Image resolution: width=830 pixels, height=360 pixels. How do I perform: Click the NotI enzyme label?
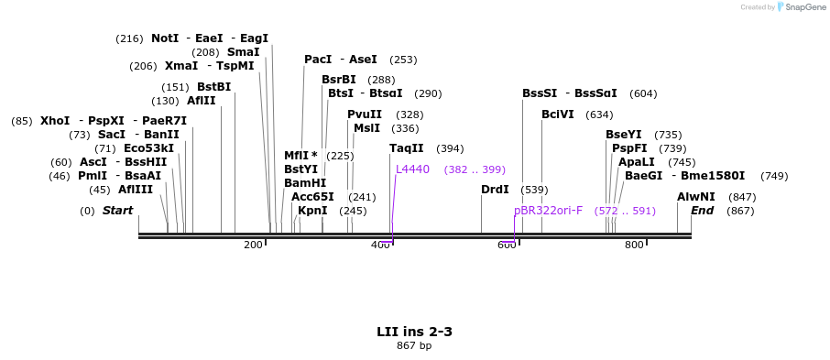point(165,38)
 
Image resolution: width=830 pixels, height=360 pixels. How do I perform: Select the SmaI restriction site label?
point(243,52)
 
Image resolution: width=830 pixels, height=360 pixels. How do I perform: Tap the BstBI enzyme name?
point(213,87)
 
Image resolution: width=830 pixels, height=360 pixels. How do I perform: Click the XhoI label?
point(55,121)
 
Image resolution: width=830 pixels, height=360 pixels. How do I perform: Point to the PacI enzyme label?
point(318,60)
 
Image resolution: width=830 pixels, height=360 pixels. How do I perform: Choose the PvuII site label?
point(365,115)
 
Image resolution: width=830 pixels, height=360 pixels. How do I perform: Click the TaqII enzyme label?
point(406,148)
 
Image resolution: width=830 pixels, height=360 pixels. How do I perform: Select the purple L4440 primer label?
point(412,169)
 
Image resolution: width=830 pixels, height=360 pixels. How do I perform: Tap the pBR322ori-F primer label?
point(548,211)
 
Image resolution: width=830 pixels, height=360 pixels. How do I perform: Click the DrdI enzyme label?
point(495,190)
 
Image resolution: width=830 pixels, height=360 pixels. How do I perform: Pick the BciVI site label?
point(558,115)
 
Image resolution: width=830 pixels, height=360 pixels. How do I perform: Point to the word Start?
point(117,211)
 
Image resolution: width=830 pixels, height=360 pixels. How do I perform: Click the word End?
point(702,211)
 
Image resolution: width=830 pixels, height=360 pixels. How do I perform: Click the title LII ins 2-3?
point(414,331)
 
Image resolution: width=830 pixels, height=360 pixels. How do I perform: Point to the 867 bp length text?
point(414,345)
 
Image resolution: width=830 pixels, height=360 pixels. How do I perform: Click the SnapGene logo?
point(798,7)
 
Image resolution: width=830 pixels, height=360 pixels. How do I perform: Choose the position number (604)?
point(643,93)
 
